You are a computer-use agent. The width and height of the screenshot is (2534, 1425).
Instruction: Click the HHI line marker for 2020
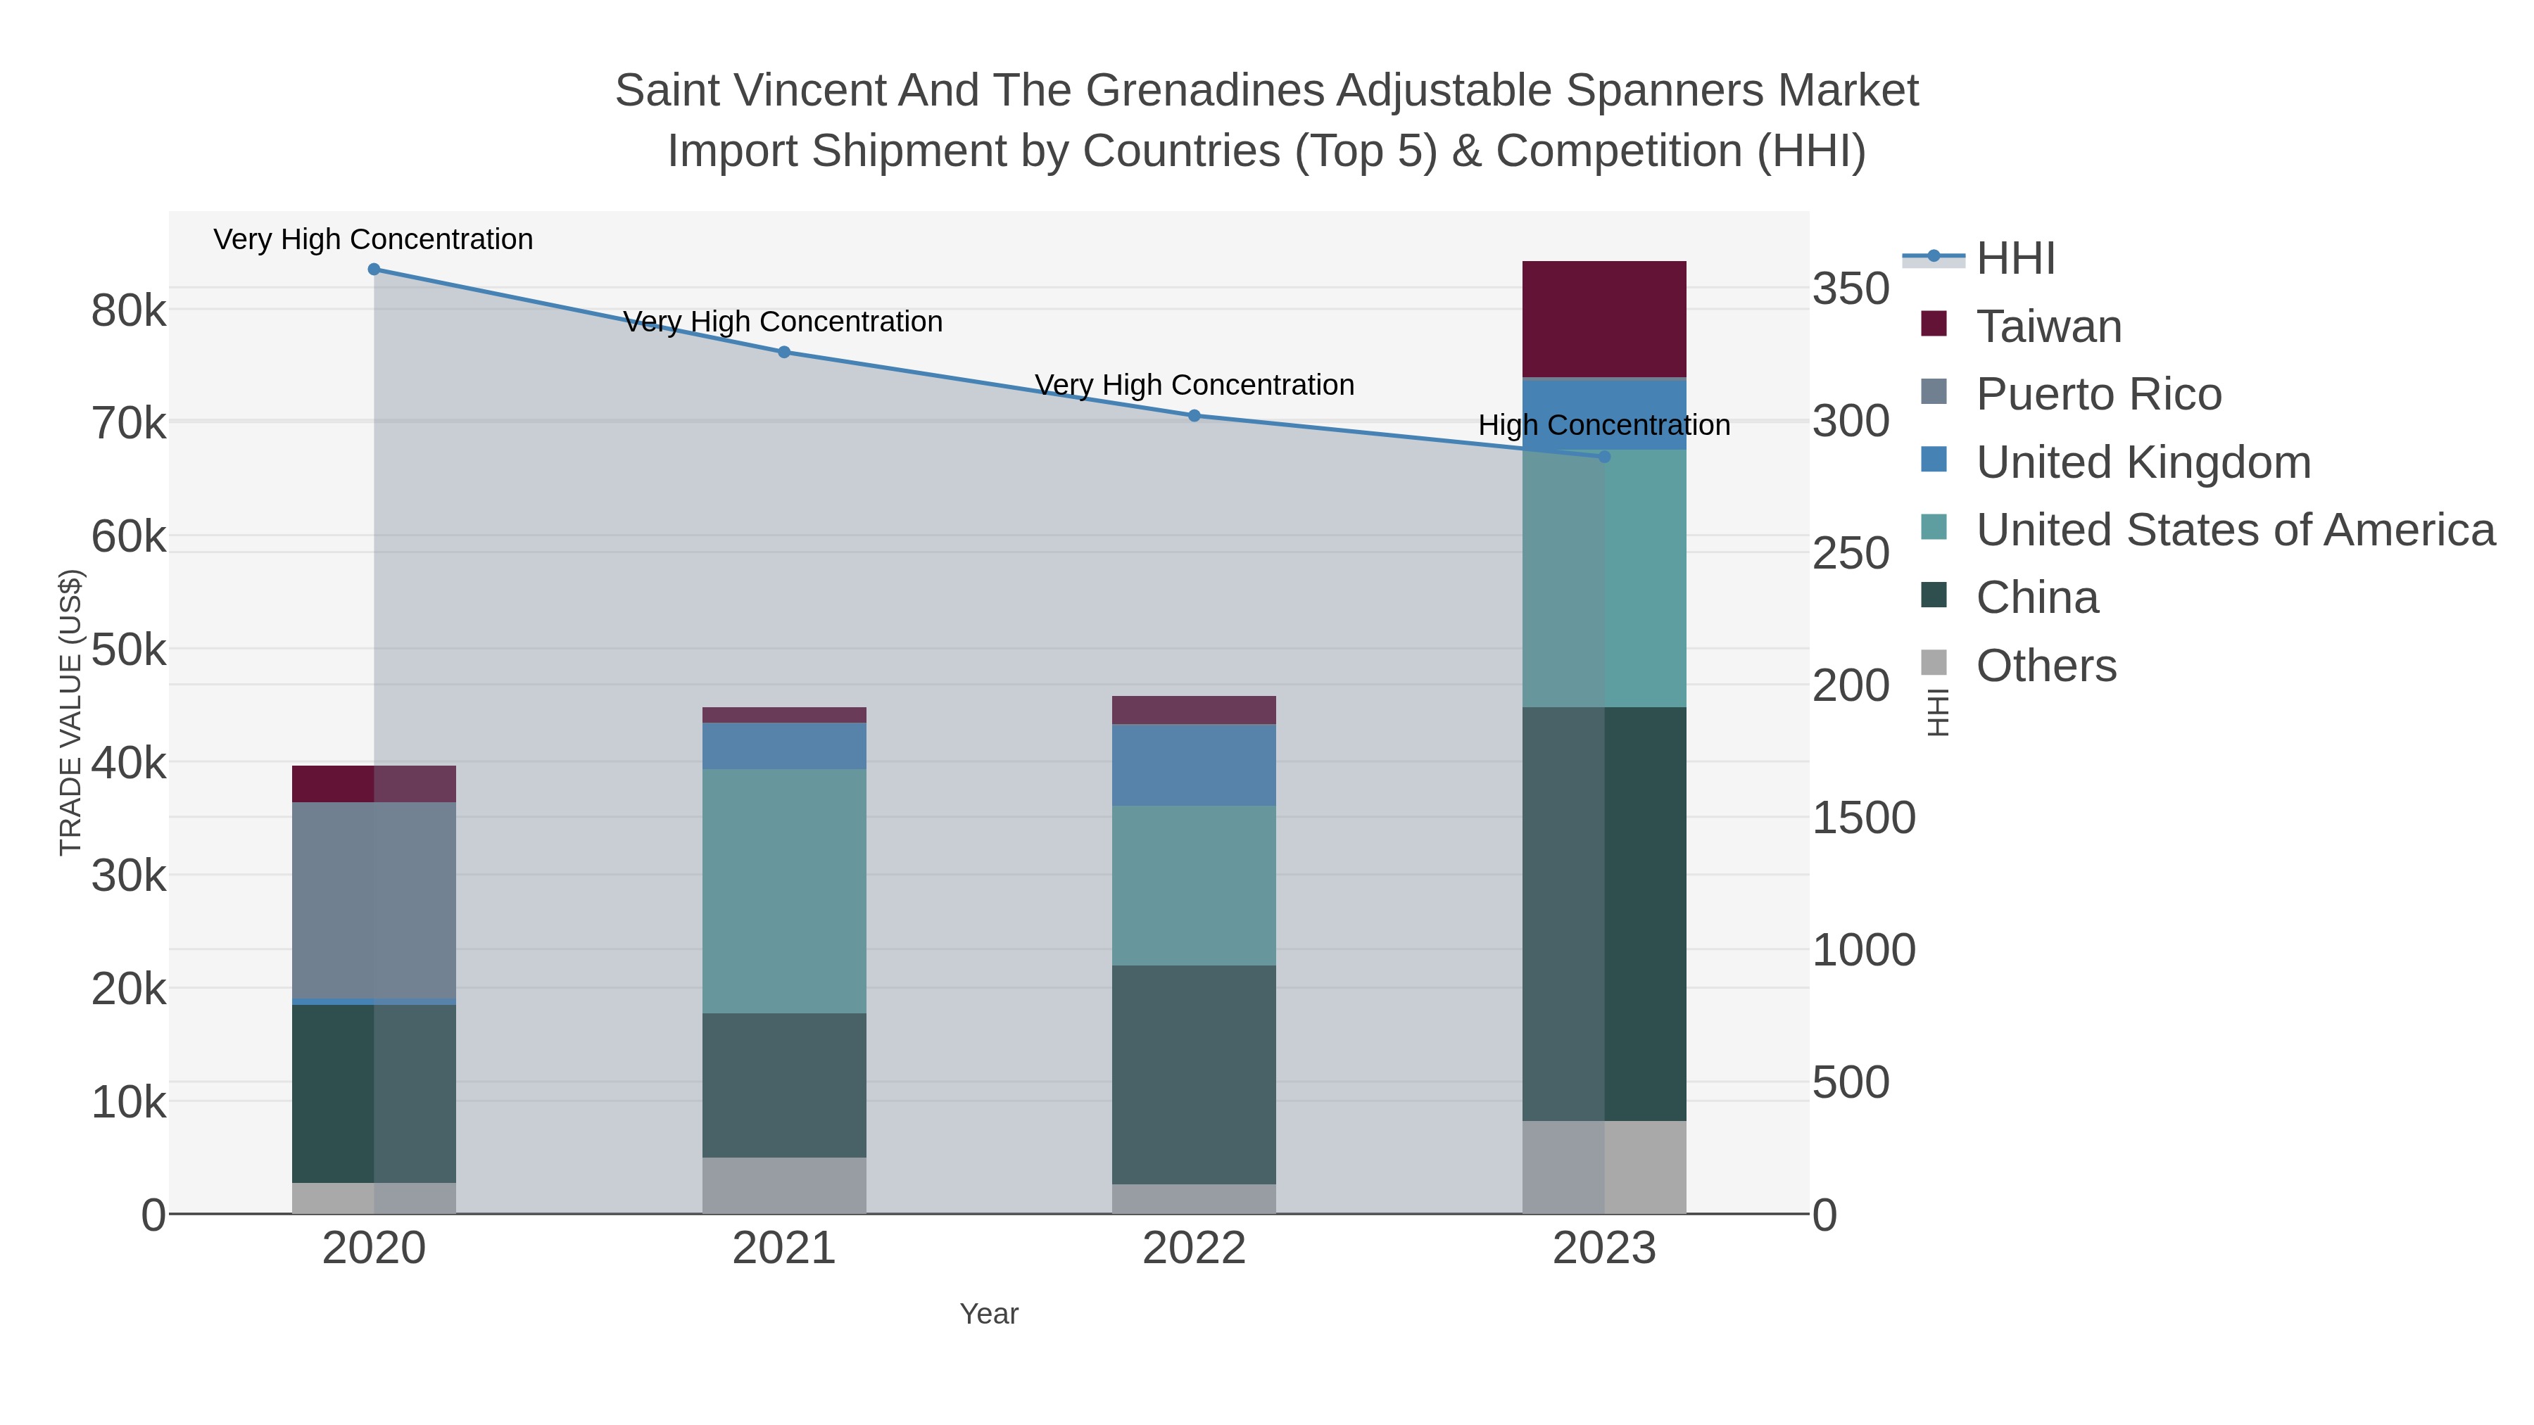(x=374, y=270)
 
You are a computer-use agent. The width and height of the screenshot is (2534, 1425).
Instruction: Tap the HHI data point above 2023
(x=1604, y=456)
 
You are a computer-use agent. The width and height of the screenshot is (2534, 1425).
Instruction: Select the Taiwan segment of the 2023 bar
(x=1604, y=319)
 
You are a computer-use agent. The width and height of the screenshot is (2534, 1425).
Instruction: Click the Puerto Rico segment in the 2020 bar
(x=374, y=900)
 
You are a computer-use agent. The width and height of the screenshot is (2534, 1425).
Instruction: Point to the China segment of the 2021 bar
(x=784, y=1084)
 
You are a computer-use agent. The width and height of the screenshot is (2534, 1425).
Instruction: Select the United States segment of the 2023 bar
(x=1604, y=578)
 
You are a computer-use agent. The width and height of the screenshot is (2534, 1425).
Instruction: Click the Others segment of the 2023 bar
(x=1604, y=1167)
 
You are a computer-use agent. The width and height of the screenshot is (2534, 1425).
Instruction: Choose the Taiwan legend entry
(x=2048, y=327)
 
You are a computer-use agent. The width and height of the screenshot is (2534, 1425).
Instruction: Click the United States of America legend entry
(x=2235, y=530)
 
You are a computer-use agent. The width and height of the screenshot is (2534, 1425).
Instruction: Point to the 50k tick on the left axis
(x=129, y=650)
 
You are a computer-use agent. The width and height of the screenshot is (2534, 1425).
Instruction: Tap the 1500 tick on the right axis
(x=1863, y=818)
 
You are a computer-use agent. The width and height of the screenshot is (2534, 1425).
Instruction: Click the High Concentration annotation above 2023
(x=1603, y=425)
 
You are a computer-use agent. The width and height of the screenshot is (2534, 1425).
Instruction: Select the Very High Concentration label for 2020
(x=374, y=239)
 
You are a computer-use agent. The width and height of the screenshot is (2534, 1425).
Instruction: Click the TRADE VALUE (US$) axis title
(x=71, y=712)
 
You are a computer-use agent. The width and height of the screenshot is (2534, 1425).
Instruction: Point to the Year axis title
(x=989, y=1314)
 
